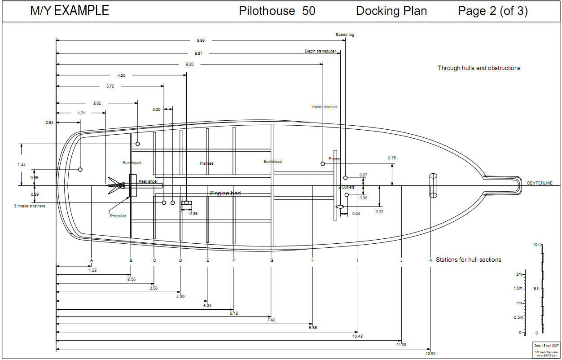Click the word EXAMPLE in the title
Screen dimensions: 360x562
pyautogui.click(x=81, y=11)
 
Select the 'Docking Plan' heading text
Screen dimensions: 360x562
pyautogui.click(x=391, y=11)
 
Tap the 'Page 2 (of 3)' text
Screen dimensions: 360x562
pyautogui.click(x=492, y=11)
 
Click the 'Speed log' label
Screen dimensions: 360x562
pyautogui.click(x=345, y=35)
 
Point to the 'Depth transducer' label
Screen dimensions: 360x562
pyautogui.click(x=321, y=51)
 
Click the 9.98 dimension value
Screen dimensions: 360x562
pyautogui.click(x=200, y=40)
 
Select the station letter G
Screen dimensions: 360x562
pyautogui.click(x=272, y=260)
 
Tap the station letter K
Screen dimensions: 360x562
pyautogui.click(x=430, y=260)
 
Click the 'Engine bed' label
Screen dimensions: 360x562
pyautogui.click(x=225, y=193)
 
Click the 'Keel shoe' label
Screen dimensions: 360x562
pyautogui.click(x=148, y=181)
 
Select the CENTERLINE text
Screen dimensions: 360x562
pyautogui.click(x=540, y=183)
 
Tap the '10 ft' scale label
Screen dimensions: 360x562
pyautogui.click(x=537, y=245)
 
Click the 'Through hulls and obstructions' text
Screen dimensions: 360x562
pyautogui.click(x=479, y=68)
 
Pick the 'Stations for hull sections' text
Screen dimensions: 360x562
pyautogui.click(x=468, y=260)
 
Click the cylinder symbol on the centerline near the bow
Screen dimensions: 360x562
pyautogui.click(x=433, y=185)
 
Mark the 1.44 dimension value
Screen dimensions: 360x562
pyautogui.click(x=22, y=165)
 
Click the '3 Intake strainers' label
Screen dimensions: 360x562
pyautogui.click(x=30, y=206)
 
